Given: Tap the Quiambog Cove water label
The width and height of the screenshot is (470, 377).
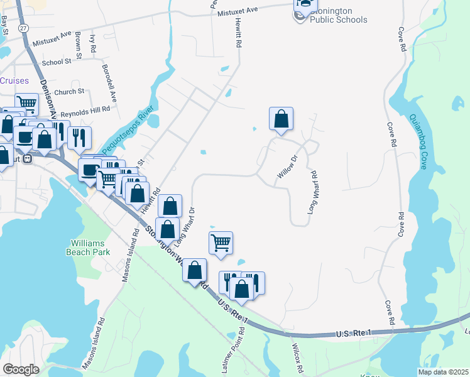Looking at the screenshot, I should pyautogui.click(x=418, y=142).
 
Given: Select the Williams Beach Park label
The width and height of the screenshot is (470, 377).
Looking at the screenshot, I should pyautogui.click(x=90, y=247).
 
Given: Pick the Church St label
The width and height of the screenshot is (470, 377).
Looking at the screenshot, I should pyautogui.click(x=69, y=92).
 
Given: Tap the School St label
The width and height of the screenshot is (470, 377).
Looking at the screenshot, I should pyautogui.click(x=57, y=62).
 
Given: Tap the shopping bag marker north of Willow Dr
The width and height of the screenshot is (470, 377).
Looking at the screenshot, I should pyautogui.click(x=281, y=119).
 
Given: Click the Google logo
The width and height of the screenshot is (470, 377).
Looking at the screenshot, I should pyautogui.click(x=21, y=369).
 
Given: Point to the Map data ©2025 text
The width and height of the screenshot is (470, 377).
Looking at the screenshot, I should pyautogui.click(x=442, y=372).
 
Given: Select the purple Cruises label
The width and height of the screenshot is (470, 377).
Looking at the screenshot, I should pyautogui.click(x=14, y=80).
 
